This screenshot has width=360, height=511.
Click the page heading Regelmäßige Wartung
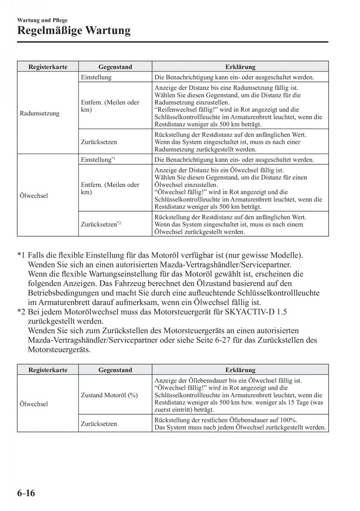click(x=74, y=31)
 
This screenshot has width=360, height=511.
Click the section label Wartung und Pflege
click(x=42, y=20)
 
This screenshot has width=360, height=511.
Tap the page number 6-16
click(x=26, y=494)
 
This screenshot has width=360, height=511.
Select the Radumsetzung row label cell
click(x=40, y=114)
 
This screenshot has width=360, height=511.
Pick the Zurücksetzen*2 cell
click(x=101, y=224)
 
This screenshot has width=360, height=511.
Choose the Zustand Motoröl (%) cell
click(x=109, y=395)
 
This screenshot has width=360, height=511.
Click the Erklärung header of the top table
click(x=240, y=67)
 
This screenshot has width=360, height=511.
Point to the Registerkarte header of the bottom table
click(x=48, y=370)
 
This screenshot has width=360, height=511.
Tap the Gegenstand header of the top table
click(x=115, y=67)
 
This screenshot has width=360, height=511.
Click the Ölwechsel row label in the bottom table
click(x=34, y=404)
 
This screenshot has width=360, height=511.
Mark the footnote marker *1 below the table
click(x=21, y=255)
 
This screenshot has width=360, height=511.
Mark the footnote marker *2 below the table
click(x=21, y=311)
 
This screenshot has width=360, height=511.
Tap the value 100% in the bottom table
click(x=288, y=419)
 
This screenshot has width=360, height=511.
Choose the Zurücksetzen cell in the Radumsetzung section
click(x=99, y=142)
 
